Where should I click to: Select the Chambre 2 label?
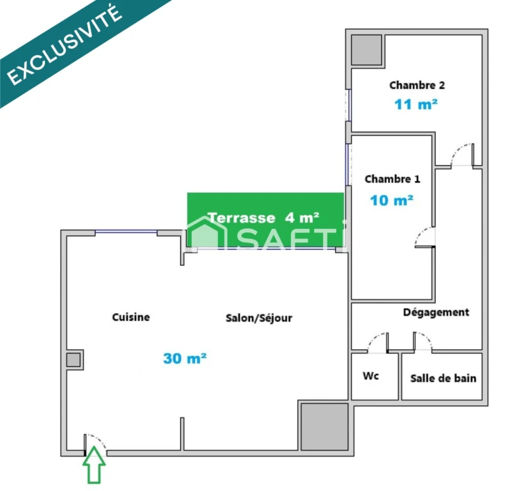417,85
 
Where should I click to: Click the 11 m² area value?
416,104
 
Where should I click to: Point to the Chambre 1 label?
392,179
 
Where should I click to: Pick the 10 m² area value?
391,200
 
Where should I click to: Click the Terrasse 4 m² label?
264,218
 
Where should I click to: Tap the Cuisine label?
131,317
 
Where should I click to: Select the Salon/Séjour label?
259,318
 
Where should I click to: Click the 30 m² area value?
185,358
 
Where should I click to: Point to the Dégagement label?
436,313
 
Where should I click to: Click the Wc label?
371,376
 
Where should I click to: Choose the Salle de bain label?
443,378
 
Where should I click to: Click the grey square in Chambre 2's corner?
367,50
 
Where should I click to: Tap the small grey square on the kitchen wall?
73,360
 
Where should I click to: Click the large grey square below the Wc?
324,426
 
